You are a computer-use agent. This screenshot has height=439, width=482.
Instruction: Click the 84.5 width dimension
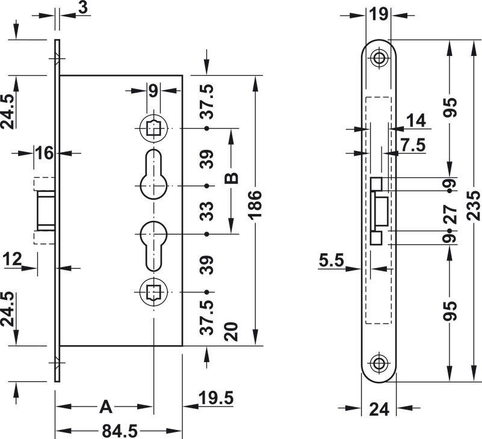coord(119,431)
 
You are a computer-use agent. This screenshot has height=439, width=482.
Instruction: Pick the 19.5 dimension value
coord(216,398)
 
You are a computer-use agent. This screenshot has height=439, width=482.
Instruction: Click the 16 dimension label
coord(44,153)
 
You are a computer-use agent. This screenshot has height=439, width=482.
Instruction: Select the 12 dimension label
coord(13,259)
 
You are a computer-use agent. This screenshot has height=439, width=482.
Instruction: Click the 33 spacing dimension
coord(207,210)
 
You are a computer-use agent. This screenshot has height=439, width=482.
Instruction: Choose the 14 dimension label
coord(416,121)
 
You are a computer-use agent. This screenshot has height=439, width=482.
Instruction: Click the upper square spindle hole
coord(153,128)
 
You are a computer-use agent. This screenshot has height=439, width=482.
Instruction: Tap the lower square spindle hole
coord(153,293)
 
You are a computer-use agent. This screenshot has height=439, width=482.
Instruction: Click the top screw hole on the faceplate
coord(379,58)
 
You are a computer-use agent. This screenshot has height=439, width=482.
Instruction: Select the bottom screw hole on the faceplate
coord(379,364)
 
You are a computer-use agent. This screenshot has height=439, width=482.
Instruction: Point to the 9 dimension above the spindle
coord(153,91)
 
